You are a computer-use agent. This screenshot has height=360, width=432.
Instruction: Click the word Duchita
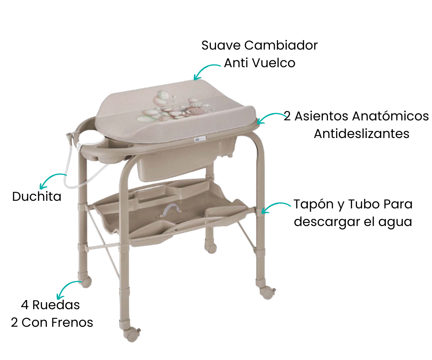click(37, 196)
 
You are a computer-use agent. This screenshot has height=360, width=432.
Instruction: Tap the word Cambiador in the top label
click(281, 45)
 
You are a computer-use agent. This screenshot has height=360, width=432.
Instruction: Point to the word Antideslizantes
click(362, 134)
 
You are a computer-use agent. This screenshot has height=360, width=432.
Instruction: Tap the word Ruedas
click(56, 305)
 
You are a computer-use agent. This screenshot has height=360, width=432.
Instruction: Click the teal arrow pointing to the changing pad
click(204, 69)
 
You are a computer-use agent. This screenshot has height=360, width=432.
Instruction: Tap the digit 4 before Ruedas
click(25, 305)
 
